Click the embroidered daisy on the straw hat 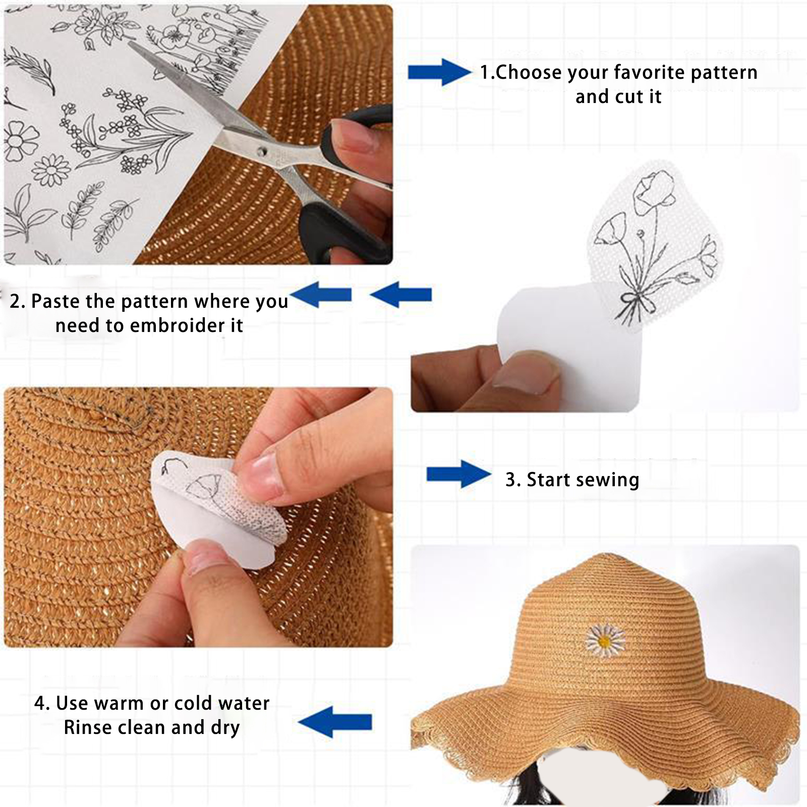[x=605, y=641]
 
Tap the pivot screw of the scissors [x=261, y=151]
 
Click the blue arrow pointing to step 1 [x=439, y=72]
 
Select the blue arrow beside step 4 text [x=335, y=722]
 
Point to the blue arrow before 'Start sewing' [x=458, y=474]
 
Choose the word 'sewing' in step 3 [x=610, y=480]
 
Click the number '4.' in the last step [x=42, y=703]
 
